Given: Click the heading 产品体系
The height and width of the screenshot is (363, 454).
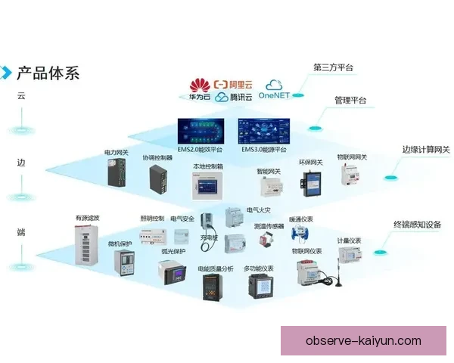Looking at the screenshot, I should (48, 73).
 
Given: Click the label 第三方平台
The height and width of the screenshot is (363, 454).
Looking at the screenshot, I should (334, 68).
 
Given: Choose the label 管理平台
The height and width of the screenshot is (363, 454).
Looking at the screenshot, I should (350, 100).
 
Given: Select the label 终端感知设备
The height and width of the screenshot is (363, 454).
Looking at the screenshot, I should (418, 225).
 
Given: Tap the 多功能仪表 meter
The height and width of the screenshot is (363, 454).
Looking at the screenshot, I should (258, 287).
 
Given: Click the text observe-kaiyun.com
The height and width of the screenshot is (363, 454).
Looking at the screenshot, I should (363, 341).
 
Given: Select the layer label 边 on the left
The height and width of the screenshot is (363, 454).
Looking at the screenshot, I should (21, 163).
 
